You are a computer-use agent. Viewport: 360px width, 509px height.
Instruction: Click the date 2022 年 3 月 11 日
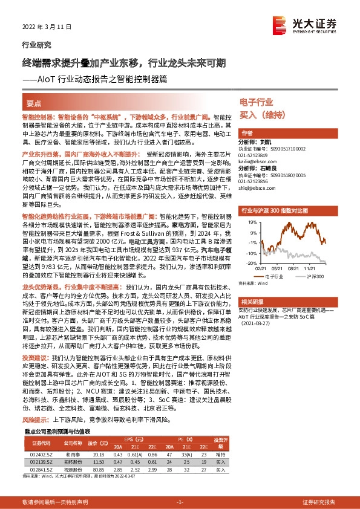coord(42,27)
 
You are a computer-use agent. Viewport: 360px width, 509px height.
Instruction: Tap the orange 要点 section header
coord(34,104)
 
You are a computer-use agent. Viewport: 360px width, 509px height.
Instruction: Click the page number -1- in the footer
coord(179,502)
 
